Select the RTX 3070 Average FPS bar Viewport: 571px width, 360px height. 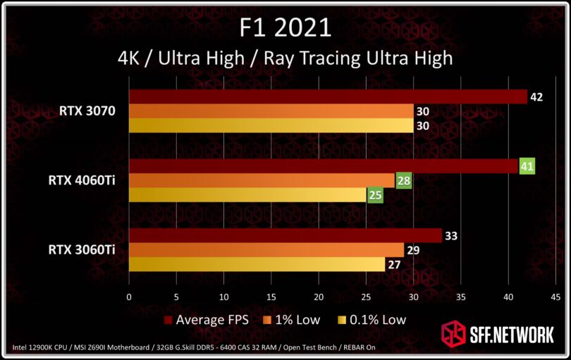click(x=328, y=97)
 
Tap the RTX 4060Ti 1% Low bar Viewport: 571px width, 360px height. click(x=262, y=180)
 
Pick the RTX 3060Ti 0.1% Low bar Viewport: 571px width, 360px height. click(x=257, y=264)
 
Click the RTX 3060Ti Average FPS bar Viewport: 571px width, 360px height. click(x=285, y=236)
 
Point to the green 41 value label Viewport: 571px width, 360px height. click(x=527, y=166)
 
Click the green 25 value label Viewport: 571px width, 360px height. click(x=374, y=194)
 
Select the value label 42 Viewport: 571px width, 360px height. click(x=536, y=97)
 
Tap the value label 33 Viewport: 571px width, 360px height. click(x=450, y=236)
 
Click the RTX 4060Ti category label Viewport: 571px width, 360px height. click(x=82, y=180)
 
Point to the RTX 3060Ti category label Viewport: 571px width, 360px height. click(x=82, y=250)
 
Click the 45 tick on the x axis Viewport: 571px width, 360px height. click(x=555, y=297)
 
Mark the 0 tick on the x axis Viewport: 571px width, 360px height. click(x=129, y=297)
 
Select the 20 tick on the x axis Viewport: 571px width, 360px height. click(x=319, y=297)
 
